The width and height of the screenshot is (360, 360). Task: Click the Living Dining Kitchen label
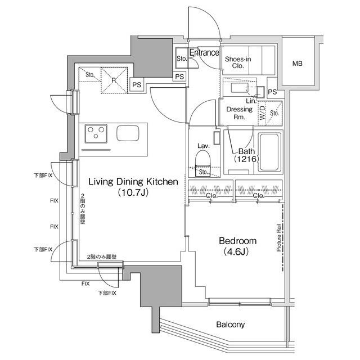pos(133,182)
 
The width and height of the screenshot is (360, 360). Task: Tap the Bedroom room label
pos(237,241)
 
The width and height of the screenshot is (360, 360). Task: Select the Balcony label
pos(230,325)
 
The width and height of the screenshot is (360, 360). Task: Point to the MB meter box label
pos(298,64)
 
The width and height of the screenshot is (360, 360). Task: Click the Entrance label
pos(204,52)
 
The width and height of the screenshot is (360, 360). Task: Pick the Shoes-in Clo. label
pos(238,62)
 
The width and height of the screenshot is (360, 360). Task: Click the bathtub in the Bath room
pos(270,152)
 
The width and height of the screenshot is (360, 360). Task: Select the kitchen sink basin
pos(128,133)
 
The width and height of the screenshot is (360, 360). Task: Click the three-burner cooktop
pos(96,134)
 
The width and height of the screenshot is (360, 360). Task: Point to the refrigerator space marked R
pos(114,80)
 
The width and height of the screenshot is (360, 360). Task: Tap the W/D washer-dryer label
pos(262,112)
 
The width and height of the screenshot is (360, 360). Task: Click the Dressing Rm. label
pos(239,113)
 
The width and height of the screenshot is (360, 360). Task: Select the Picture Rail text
pos(278,237)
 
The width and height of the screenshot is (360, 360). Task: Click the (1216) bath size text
pos(246,159)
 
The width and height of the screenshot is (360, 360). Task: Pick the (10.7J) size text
pos(133,192)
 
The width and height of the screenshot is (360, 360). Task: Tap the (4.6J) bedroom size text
pos(236,252)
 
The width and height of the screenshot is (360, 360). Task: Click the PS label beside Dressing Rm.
pos(272,92)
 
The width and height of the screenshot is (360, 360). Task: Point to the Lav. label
pos(204,146)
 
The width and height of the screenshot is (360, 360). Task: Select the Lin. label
pos(251,101)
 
